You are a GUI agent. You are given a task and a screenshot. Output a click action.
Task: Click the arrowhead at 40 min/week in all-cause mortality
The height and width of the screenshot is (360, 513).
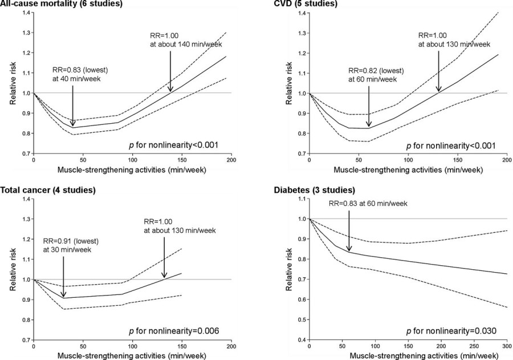(x=72, y=123)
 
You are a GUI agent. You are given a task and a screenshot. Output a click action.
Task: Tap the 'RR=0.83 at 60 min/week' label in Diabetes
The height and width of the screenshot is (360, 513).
(x=368, y=204)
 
